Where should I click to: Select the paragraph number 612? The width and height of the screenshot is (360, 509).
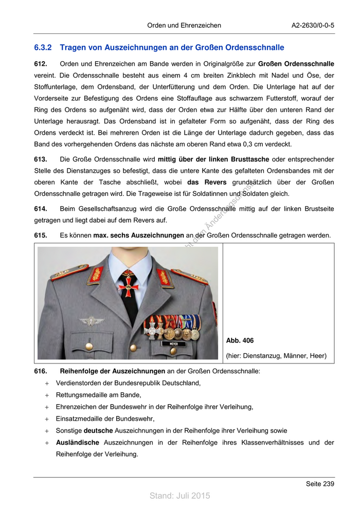coord(41,64)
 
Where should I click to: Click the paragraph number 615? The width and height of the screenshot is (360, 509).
coord(41,235)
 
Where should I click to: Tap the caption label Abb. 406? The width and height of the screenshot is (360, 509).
coord(240,341)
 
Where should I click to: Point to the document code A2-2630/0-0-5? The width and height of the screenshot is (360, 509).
coord(313,25)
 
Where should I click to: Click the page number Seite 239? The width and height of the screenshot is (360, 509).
coord(320,484)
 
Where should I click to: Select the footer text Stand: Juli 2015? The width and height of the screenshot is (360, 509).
coord(180,496)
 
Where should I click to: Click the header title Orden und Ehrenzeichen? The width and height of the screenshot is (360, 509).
coord(184,25)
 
